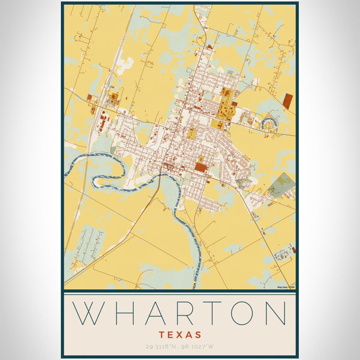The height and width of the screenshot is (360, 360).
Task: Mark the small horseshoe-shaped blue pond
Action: tap(266, 125)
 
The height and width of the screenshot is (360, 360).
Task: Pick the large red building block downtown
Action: tap(199, 166)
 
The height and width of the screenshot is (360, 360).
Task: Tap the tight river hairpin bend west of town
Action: tap(99, 178)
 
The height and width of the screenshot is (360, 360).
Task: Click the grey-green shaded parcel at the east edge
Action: tap(281, 184)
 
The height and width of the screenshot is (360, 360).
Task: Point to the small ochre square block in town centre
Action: tap(191, 134)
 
